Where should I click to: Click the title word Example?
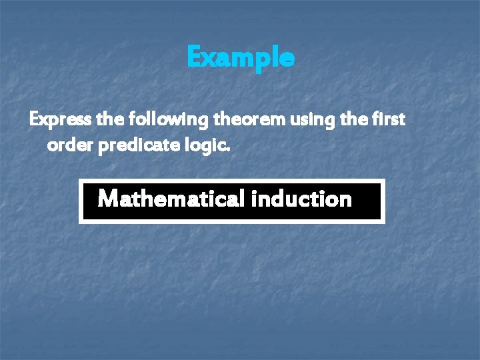pyautogui.click(x=240, y=58)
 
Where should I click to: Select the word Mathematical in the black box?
pyautogui.click(x=173, y=199)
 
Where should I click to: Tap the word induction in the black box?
pyautogui.click(x=302, y=199)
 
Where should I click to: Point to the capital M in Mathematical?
pyautogui.click(x=108, y=199)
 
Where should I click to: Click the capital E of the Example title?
pyautogui.click(x=194, y=58)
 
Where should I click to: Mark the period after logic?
pyautogui.click(x=229, y=150)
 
